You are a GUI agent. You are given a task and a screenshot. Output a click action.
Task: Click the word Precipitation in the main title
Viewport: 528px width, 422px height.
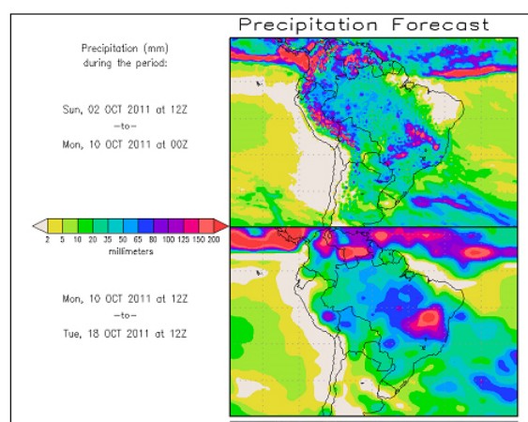[x=309, y=25]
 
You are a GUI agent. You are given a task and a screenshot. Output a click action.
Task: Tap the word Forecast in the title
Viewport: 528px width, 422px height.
[x=441, y=24]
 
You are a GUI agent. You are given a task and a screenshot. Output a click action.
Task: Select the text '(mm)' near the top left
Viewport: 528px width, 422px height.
[x=156, y=49]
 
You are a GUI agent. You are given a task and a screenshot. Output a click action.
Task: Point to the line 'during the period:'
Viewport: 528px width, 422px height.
[x=125, y=63]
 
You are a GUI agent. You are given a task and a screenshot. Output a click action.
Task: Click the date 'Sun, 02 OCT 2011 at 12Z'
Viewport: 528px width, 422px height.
[x=125, y=110]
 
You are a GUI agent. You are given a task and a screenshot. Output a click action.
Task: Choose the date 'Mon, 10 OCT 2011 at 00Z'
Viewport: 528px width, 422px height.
[x=125, y=144]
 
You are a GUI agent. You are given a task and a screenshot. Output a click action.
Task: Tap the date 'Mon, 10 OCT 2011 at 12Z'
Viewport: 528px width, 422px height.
[x=125, y=299]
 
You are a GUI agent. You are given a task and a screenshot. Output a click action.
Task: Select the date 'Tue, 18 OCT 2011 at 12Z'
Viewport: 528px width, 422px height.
[x=125, y=334]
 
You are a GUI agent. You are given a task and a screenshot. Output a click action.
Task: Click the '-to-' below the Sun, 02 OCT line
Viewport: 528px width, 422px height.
[x=126, y=127]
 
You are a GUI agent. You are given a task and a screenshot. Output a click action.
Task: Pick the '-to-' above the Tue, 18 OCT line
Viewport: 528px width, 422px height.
[x=126, y=316]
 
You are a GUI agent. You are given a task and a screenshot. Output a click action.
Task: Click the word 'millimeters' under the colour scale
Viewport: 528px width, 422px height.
[x=131, y=251]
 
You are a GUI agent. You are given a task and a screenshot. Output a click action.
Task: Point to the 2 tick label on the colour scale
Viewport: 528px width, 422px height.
[x=47, y=239]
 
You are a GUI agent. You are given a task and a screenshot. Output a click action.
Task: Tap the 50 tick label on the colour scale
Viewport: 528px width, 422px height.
[x=123, y=239]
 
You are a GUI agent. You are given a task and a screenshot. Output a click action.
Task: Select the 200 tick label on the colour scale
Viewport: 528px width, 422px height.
[x=214, y=239]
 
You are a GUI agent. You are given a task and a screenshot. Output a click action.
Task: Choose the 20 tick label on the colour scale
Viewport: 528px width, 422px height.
[x=93, y=239]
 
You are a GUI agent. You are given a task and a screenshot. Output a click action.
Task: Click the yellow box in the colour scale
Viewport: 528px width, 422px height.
[x=55, y=226]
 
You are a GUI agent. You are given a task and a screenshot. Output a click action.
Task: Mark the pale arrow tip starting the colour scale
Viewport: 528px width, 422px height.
[x=34, y=226]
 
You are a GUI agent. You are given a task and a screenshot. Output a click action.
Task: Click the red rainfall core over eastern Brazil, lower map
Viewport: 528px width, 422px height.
[x=429, y=317]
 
